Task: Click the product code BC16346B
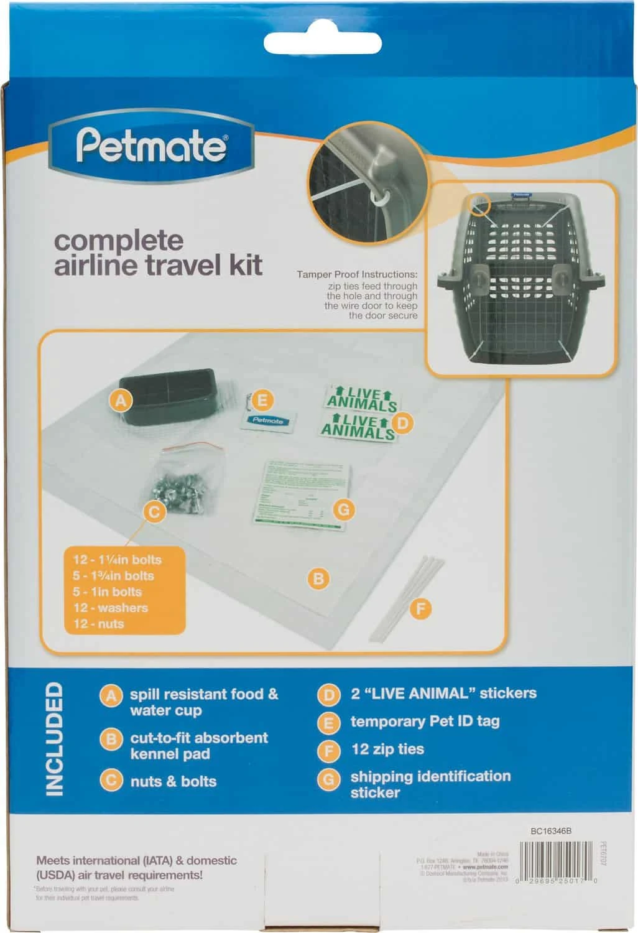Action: (551, 831)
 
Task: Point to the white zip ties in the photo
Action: (407, 597)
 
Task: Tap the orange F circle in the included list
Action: (328, 750)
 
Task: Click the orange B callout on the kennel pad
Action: (318, 579)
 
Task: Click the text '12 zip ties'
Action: (387, 749)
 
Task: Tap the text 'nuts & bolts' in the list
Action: (173, 781)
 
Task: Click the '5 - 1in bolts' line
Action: (107, 592)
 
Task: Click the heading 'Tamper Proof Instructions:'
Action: (357, 274)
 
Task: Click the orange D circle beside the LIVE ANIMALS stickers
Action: (403, 424)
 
